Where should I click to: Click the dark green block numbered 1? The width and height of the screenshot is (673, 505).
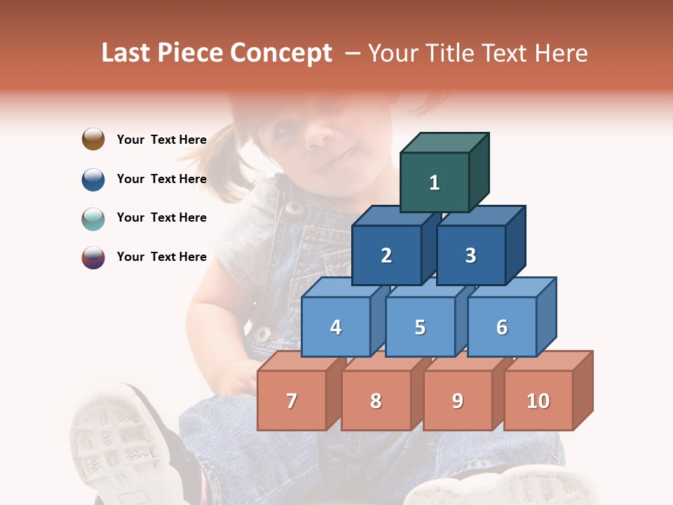[435, 182]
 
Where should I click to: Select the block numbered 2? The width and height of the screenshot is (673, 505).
[386, 255]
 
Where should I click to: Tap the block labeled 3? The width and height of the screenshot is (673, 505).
[470, 255]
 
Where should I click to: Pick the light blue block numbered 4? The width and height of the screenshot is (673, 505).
[336, 327]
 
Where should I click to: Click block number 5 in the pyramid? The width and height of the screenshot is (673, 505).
[420, 327]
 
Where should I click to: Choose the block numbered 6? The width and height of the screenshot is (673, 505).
[502, 327]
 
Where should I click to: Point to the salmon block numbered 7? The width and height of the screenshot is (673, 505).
[292, 400]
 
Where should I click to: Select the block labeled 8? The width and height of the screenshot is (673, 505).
[376, 400]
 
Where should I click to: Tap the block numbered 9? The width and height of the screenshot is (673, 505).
[457, 400]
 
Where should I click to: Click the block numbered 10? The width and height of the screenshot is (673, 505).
[538, 400]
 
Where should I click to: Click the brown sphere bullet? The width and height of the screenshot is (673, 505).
[93, 139]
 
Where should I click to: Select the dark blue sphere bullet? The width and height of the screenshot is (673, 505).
[93, 179]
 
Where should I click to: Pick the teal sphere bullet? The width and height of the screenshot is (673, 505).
[93, 218]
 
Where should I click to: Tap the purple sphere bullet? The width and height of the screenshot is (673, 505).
[93, 257]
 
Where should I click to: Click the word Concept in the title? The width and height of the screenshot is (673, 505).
[281, 53]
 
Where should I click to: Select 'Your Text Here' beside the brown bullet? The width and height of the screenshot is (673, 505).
[162, 140]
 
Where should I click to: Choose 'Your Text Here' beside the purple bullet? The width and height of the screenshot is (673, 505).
[162, 257]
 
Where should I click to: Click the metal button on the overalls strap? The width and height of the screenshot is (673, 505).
[294, 208]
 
